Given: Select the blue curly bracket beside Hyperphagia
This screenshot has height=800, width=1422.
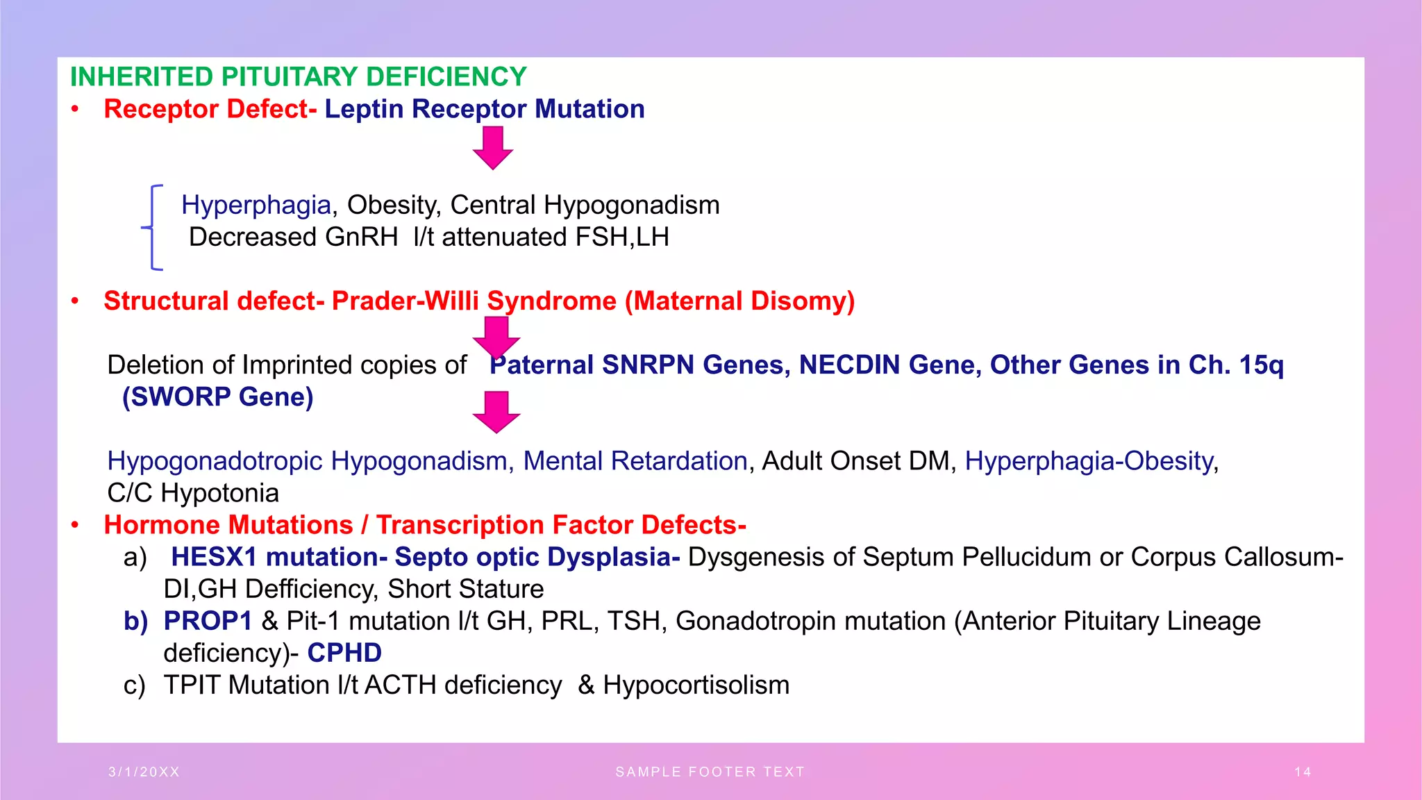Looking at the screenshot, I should coord(152,226).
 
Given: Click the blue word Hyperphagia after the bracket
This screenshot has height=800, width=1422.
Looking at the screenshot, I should coord(256,205).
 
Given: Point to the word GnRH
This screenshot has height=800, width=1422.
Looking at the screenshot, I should coord(361,237).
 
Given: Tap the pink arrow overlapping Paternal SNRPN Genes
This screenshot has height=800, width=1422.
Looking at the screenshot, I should coord(496,337).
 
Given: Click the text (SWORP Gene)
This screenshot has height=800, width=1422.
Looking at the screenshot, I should coord(217,397).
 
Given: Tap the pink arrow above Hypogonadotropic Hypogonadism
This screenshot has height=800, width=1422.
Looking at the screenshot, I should coord(496,412).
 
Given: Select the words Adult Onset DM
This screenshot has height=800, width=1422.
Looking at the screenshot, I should coord(855,461).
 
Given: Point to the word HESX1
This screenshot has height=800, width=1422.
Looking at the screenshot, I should coord(214,557).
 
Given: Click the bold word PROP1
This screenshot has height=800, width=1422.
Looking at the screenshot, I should coord(208,621).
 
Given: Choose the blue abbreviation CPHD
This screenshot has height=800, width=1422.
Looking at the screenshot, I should coord(344,653).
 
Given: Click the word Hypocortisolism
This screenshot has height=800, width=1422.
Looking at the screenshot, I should coord(696,685).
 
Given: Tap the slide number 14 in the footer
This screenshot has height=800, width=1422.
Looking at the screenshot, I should coord(1303,772).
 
